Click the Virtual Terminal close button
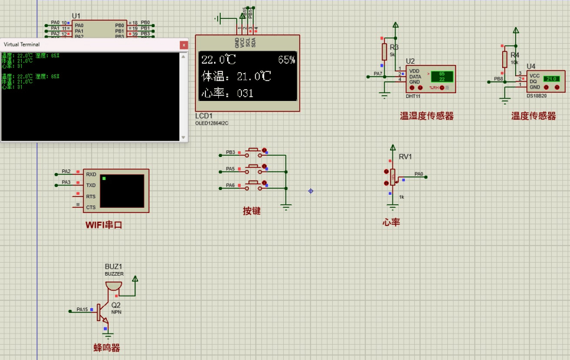click(184, 45)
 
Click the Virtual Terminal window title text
click(22, 45)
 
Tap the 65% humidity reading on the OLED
click(286, 60)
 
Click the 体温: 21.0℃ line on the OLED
click(236, 77)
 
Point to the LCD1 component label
click(204, 116)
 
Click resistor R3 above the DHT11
click(384, 51)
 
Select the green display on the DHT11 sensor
click(442, 76)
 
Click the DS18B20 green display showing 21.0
click(552, 78)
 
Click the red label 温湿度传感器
click(427, 116)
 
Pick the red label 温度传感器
click(533, 116)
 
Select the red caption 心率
click(391, 222)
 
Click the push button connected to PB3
click(254, 151)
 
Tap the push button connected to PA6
click(254, 184)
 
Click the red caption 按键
click(251, 211)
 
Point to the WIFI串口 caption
click(104, 225)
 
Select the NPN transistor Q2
click(101, 312)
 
